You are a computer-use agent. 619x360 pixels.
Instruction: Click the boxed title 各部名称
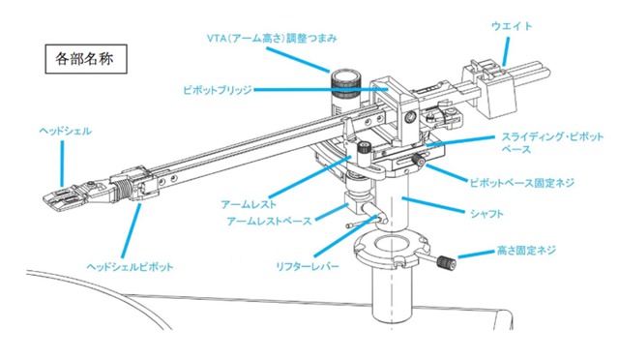tap(86, 59)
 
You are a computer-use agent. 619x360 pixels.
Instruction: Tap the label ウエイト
tap(512, 26)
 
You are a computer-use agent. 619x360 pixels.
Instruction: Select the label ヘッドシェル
tap(65, 131)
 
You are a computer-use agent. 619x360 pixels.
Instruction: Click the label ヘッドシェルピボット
tap(130, 267)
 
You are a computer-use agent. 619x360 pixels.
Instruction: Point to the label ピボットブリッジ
tap(218, 90)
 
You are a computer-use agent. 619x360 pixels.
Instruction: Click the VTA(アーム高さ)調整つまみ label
tap(272, 39)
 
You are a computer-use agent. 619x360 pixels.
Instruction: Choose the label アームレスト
tap(249, 204)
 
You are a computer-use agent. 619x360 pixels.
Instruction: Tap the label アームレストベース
tap(269, 221)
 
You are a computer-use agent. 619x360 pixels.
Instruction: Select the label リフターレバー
tap(308, 266)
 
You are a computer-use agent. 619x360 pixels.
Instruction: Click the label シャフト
tap(486, 214)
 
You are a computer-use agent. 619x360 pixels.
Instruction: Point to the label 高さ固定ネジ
tap(526, 250)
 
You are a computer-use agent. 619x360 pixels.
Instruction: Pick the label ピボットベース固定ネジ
tap(521, 183)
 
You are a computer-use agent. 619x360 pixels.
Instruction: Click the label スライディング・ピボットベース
tap(552, 142)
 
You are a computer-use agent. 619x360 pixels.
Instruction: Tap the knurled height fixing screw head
tap(447, 262)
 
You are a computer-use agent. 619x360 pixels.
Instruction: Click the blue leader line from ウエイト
tap(507, 50)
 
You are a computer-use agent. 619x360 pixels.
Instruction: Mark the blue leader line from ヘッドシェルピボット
tap(132, 230)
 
